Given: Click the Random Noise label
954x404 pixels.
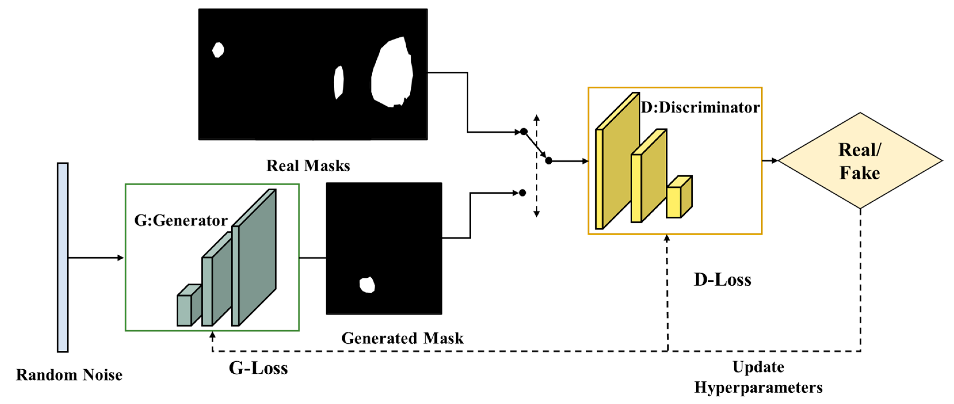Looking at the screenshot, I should [69, 375].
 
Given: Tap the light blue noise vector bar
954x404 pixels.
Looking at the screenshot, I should [63, 257].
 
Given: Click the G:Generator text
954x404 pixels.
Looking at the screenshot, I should [180, 221].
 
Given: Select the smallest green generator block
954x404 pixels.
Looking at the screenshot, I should [184, 310].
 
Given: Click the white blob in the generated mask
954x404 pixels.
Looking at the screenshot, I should [367, 285].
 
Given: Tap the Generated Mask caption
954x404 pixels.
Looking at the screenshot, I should [402, 338].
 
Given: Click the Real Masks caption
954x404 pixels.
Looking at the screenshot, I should [308, 166].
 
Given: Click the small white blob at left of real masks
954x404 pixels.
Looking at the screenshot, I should [218, 50].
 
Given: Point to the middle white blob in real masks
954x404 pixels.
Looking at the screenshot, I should [339, 82].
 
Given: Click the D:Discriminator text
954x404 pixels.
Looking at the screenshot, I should [700, 107].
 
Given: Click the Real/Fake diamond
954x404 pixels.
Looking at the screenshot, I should [860, 161].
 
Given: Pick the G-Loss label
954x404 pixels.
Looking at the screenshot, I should [258, 368].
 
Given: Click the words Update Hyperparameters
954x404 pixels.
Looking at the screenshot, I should [758, 377].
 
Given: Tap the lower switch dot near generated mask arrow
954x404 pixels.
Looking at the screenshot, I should [522, 193].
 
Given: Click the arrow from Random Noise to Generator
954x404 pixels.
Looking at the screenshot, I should [96, 258].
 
